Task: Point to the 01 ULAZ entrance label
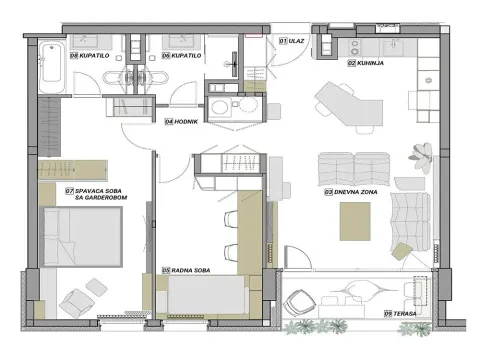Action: click(x=292, y=39)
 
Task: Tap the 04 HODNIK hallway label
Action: click(x=182, y=120)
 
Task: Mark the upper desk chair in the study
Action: click(x=232, y=222)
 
